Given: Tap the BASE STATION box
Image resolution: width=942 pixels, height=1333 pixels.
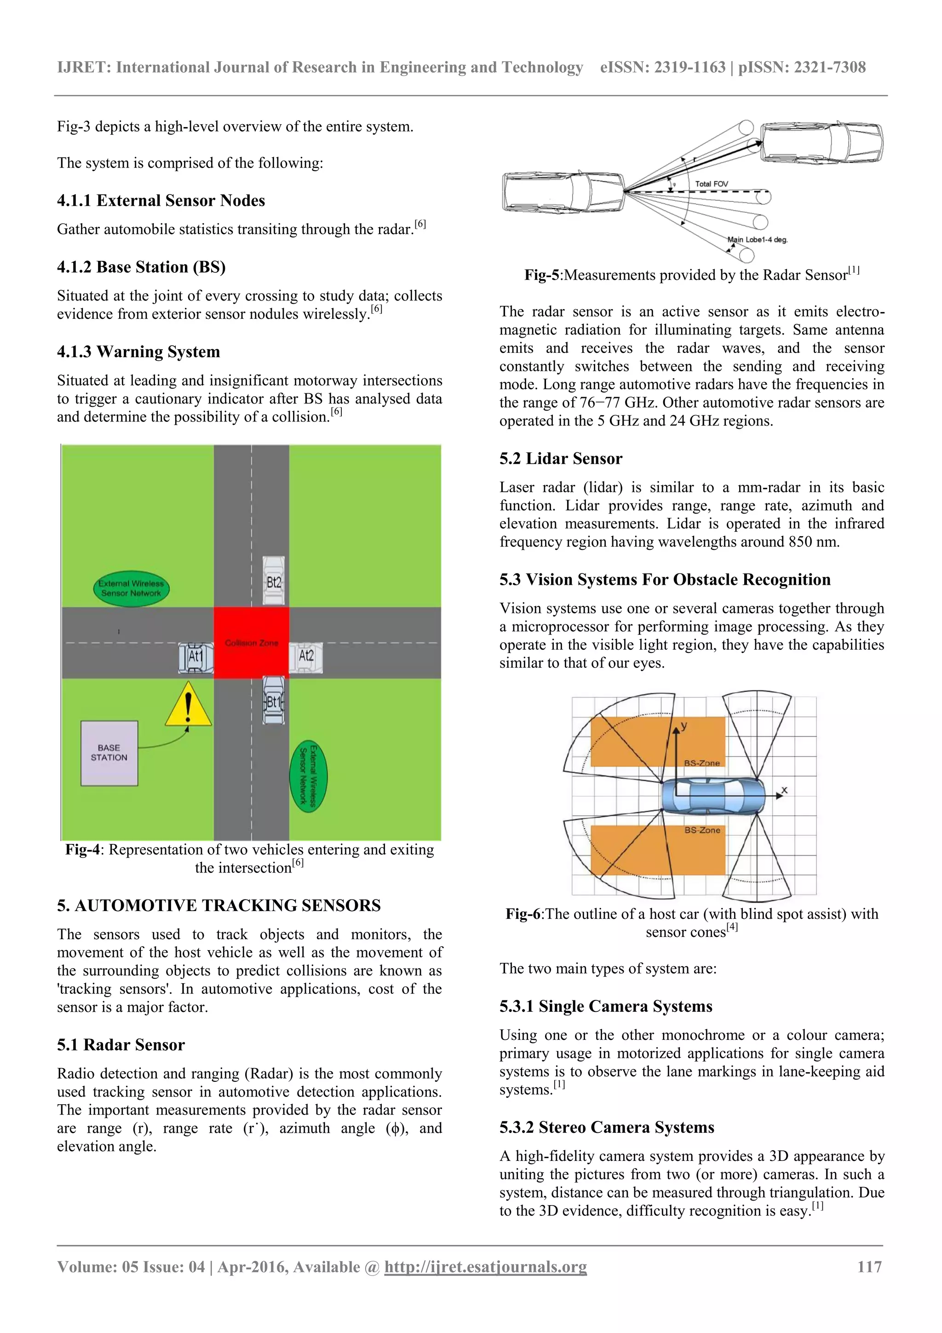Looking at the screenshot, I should (x=109, y=753).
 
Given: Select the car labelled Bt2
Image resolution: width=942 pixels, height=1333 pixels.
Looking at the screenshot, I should (x=273, y=581).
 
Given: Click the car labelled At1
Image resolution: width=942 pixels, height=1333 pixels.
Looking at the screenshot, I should (x=195, y=657).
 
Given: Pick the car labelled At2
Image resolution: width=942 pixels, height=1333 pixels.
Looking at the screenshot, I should (x=306, y=657).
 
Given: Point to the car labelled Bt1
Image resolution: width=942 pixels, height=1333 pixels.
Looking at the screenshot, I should (x=273, y=701).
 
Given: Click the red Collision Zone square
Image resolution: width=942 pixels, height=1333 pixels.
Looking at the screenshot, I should (x=251, y=643).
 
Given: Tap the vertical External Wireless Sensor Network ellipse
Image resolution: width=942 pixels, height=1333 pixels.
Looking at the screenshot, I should (x=308, y=776).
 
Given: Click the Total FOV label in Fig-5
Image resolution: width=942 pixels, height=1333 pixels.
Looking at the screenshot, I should (x=711, y=184).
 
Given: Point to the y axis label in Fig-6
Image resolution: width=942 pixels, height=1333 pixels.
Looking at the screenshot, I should (x=684, y=726).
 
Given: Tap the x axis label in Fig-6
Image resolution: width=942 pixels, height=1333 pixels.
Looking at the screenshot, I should (x=784, y=790).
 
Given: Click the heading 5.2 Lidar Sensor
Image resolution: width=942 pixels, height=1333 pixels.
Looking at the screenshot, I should (x=561, y=459).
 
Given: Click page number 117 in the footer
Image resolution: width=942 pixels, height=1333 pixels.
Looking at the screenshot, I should (x=869, y=1267).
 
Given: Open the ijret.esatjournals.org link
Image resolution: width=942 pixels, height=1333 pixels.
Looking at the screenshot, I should (x=485, y=1267).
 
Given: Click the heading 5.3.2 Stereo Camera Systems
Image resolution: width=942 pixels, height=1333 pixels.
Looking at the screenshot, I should (x=607, y=1127).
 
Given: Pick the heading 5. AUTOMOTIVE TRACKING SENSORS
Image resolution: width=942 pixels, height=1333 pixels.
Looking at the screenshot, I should (x=219, y=905).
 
